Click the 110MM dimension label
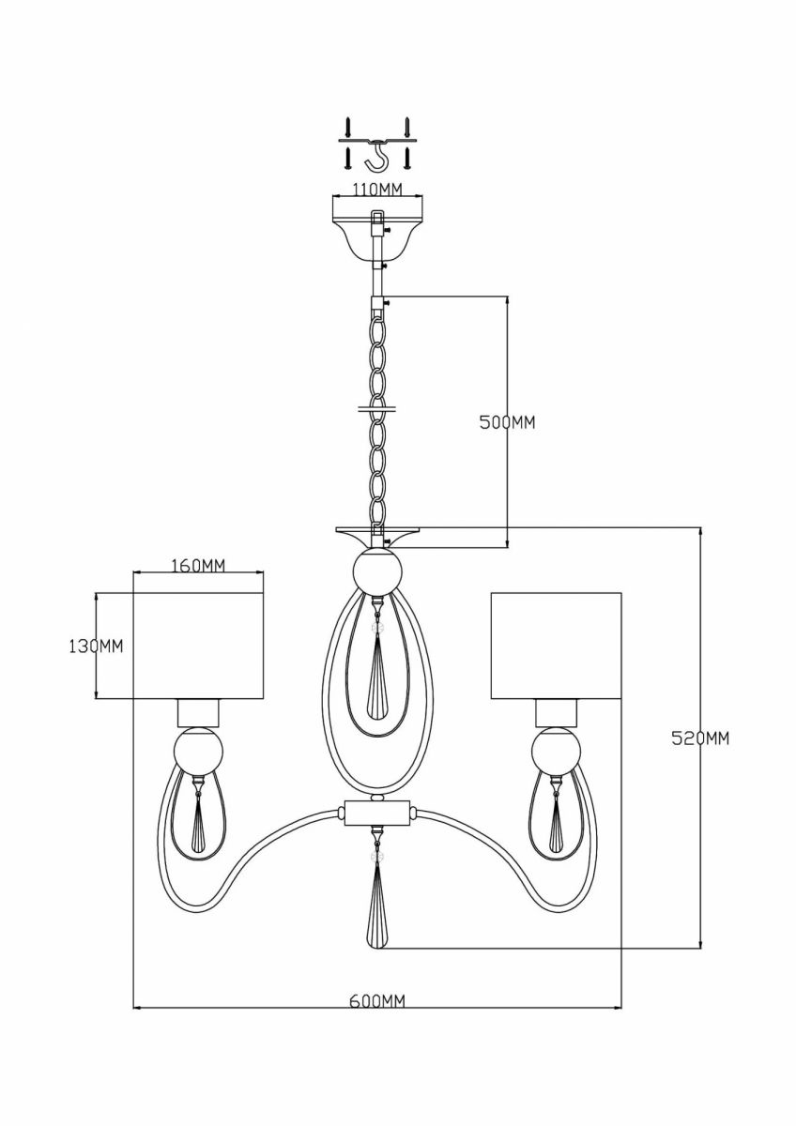coord(376,190)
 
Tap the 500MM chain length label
coord(507,423)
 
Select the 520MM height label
coord(700,738)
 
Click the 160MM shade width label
coord(198,566)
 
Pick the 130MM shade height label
coord(96,647)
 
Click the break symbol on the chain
coord(376,407)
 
